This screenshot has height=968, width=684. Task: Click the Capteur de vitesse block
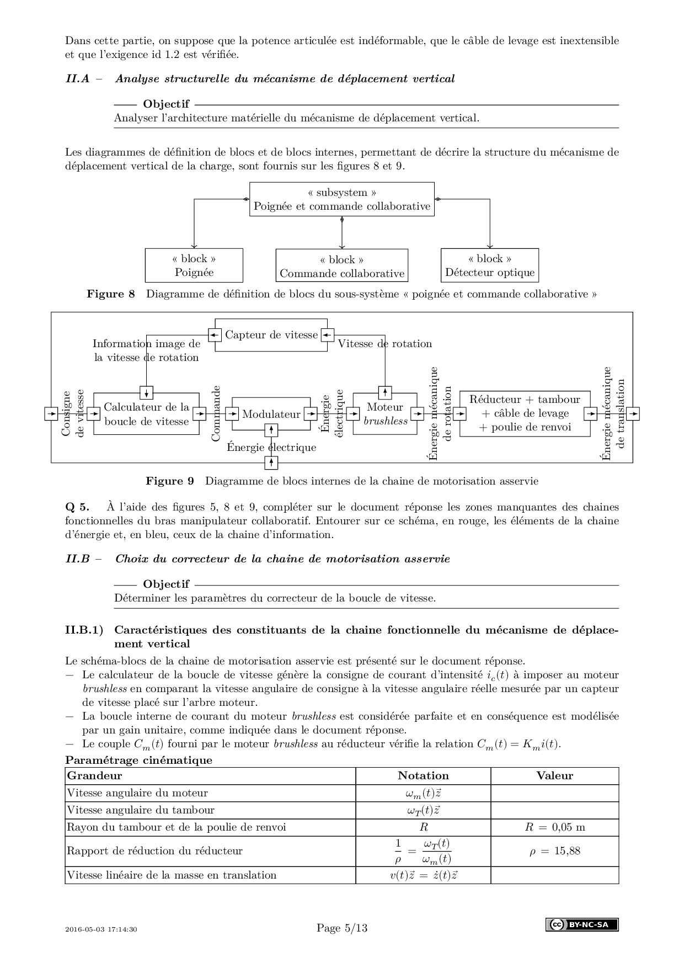[x=271, y=335]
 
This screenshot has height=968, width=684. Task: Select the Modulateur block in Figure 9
[x=271, y=414]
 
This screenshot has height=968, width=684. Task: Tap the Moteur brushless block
[x=385, y=414]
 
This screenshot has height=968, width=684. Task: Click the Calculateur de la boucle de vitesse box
[x=146, y=414]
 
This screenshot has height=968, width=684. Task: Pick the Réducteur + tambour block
[x=525, y=413]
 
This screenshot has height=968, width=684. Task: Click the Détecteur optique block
[x=490, y=265]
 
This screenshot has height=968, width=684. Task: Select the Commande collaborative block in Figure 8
[x=342, y=267]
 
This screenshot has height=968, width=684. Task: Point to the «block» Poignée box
[x=194, y=265]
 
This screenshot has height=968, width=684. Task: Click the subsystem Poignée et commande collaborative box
[x=342, y=199]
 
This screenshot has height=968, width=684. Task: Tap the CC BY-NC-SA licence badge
[x=582, y=924]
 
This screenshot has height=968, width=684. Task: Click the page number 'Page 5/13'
[x=342, y=928]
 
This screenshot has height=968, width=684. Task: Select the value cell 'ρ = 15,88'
[x=554, y=851]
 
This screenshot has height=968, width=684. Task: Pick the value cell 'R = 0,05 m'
[x=554, y=827]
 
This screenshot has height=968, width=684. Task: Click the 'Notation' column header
[x=423, y=776]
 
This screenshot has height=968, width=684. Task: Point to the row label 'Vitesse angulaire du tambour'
[x=140, y=810]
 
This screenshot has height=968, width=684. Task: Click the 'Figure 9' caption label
[x=170, y=481]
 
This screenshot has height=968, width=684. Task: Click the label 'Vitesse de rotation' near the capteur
[x=385, y=344]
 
